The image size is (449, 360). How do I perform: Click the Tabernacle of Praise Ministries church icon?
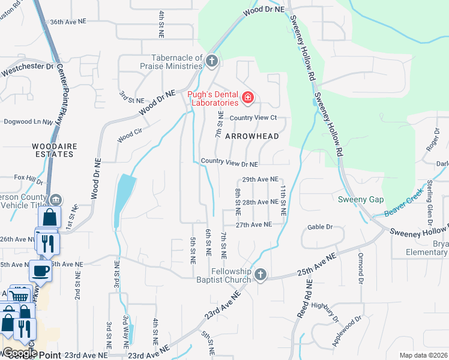point(211,61)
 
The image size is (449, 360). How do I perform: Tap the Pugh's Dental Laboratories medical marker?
point(247,97)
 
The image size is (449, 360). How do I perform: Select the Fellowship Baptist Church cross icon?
point(260,275)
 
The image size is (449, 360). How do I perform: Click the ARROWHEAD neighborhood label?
point(252,136)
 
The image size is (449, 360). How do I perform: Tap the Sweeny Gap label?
point(360,199)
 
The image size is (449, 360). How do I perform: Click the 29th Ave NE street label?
point(260,179)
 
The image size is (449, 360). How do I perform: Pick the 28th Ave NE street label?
point(260,202)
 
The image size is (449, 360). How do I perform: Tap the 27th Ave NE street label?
point(254,224)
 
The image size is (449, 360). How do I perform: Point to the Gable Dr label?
point(320,227)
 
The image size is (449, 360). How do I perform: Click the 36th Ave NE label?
point(68,21)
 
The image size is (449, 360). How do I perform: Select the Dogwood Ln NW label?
point(29,122)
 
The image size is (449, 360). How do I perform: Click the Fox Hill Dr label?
point(29,178)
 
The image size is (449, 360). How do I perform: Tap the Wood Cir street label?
point(129,137)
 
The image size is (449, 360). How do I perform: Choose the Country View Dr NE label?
point(229,163)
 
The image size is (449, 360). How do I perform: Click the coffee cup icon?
point(41,271)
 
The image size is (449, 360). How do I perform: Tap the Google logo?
point(19,353)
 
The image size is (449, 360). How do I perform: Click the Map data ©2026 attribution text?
point(423,355)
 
